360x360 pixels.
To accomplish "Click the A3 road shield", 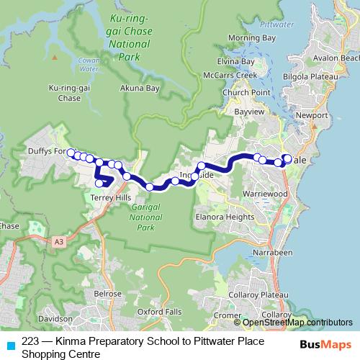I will click(58, 243).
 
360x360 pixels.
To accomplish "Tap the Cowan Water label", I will click(89, 66).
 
